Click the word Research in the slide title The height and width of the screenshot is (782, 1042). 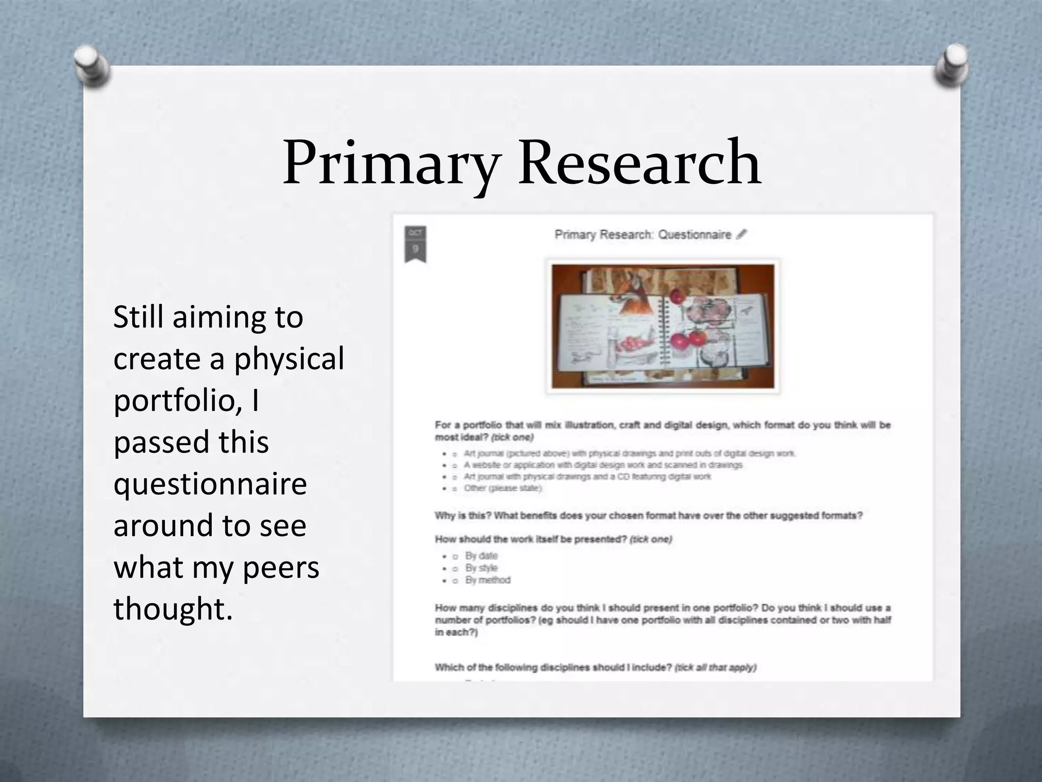coord(639,162)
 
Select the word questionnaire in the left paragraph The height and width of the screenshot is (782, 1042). coord(210,484)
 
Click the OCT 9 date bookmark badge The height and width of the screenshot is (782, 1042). coord(415,243)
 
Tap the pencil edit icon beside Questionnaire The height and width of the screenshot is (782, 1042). coord(742,234)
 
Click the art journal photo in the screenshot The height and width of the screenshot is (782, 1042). coord(662,326)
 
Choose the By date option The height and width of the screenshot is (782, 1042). coord(481,556)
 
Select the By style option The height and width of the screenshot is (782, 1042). coord(481,568)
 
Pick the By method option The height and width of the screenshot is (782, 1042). coord(487,580)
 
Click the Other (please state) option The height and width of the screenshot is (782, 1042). coord(503,488)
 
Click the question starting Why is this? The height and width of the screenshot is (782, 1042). coord(648,516)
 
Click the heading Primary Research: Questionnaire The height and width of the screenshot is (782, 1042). coord(642,235)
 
